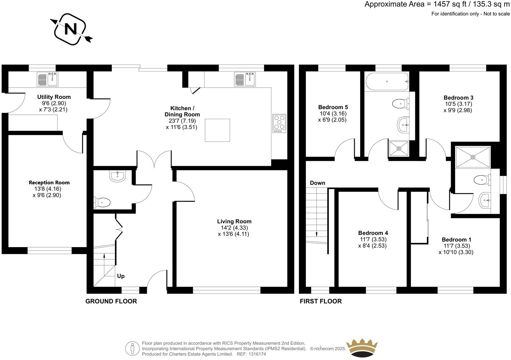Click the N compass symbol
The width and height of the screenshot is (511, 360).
[70, 29]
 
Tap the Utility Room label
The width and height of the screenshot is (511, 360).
[54, 97]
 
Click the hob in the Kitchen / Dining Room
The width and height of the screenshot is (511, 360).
[279, 123]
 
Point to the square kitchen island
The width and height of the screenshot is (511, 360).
[217, 130]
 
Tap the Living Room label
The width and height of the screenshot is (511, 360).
[234, 221]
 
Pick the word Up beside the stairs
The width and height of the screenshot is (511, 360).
[121, 276]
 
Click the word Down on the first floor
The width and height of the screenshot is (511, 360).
[317, 183]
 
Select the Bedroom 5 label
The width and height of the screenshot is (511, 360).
[333, 107]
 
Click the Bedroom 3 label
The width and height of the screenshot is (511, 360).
[458, 98]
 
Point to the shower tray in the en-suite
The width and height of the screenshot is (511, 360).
[473, 157]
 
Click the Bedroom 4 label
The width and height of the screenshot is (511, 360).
[373, 233]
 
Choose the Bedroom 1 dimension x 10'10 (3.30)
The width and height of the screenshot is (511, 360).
[456, 252]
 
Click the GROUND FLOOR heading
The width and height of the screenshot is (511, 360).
[111, 301]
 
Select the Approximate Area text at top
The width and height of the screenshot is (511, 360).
[437, 4]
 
